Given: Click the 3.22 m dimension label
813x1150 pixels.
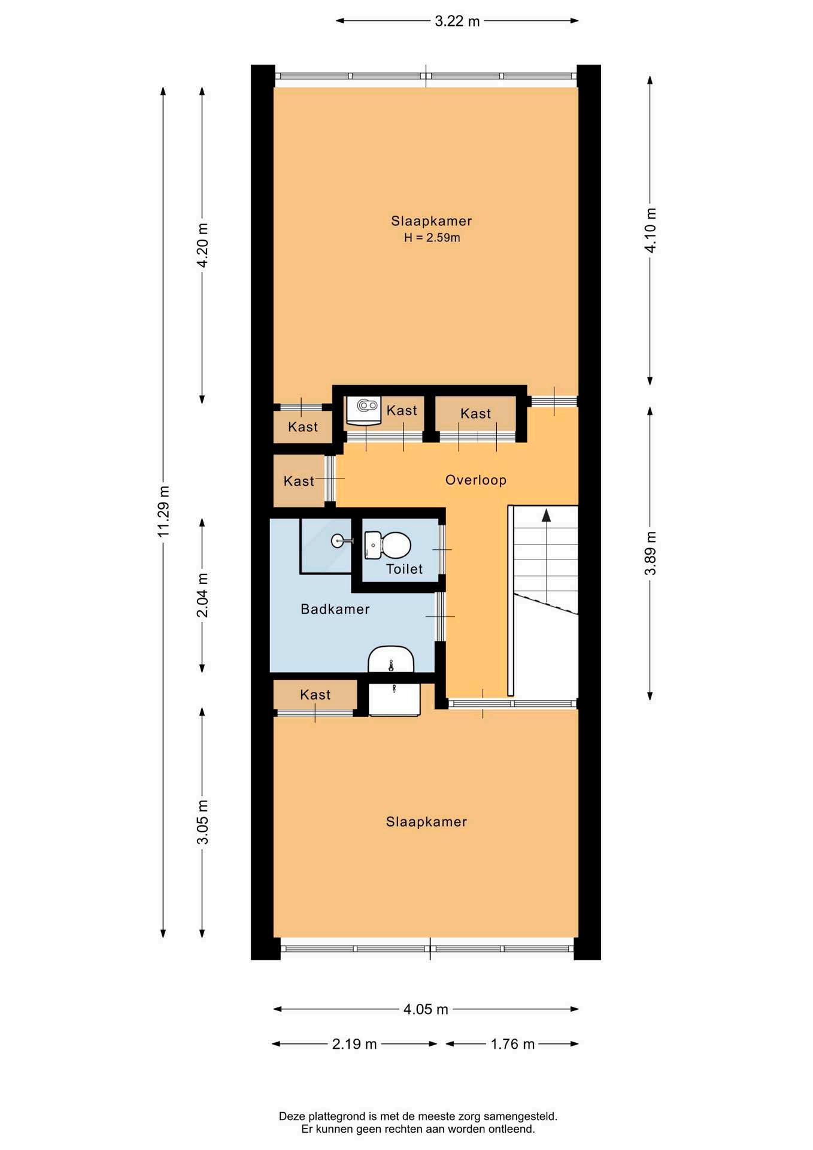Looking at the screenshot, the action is pos(457,22).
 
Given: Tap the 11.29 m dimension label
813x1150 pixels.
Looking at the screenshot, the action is pos(163,511).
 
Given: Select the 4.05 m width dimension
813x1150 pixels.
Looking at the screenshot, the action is pos(426,1009).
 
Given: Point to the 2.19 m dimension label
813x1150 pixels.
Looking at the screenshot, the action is pos(354,1044).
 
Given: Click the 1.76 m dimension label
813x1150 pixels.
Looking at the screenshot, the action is pos(512,1044).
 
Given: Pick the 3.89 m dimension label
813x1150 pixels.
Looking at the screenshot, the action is pos(650,553).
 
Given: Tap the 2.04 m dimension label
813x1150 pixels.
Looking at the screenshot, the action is pos(202,595).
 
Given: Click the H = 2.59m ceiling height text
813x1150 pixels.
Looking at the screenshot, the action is pos(432,238).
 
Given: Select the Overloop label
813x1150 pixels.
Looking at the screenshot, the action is pos(476,480).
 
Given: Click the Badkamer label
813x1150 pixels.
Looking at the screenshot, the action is pos(335,609).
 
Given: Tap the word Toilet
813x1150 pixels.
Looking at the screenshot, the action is pos(404,569).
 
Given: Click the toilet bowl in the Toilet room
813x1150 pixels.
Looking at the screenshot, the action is pos(396,545).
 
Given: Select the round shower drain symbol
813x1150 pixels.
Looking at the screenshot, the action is pos(337,541).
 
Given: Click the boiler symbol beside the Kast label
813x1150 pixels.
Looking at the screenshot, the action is pos(364,410).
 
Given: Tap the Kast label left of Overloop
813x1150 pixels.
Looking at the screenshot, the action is pos(299,481).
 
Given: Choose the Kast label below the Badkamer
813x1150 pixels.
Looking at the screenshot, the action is pos(315,695).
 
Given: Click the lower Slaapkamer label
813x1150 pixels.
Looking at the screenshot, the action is pos(426,822).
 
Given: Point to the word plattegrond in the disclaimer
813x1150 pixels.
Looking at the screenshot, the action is pos(338,1116).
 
